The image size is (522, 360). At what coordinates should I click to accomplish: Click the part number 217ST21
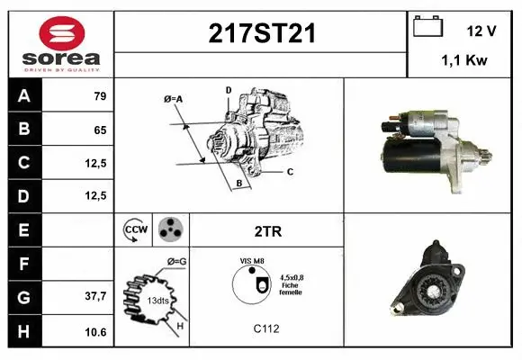(x=262, y=34)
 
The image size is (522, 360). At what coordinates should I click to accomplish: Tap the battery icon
(x=427, y=28)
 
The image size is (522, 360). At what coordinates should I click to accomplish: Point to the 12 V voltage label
(x=481, y=31)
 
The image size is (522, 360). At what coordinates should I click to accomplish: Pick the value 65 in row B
(x=100, y=130)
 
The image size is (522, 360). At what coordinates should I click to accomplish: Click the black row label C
(x=24, y=163)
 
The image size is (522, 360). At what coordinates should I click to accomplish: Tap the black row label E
(x=24, y=229)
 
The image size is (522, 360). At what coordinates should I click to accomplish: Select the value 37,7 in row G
(x=95, y=295)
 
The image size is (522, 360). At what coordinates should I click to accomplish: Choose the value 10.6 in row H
(x=95, y=332)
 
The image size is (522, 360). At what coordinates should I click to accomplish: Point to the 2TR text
(x=268, y=231)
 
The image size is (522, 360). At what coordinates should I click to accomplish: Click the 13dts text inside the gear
(x=158, y=299)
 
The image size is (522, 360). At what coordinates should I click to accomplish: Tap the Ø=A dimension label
(x=173, y=98)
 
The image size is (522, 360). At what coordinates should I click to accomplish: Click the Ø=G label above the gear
(x=176, y=261)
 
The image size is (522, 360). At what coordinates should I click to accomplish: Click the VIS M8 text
(x=252, y=260)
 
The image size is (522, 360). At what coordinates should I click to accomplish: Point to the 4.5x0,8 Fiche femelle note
(x=291, y=284)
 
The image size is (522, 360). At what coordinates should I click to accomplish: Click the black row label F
(x=24, y=263)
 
